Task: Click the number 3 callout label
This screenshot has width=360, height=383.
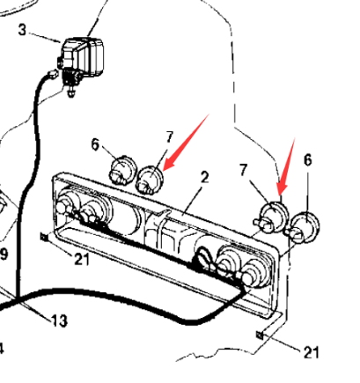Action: click(x=22, y=30)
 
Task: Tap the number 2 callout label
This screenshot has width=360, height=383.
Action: click(x=204, y=178)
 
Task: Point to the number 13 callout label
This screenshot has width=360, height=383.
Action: click(x=60, y=320)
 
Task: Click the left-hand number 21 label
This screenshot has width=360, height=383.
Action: click(x=81, y=259)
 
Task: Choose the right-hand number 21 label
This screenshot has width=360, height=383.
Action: click(x=311, y=352)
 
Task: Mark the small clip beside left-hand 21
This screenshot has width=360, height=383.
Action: click(x=44, y=236)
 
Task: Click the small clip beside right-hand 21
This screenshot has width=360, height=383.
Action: click(x=260, y=335)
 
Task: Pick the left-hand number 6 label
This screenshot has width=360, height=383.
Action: click(x=95, y=144)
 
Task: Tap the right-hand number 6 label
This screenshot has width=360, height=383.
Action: click(x=307, y=160)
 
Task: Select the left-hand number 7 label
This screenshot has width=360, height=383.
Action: click(x=170, y=137)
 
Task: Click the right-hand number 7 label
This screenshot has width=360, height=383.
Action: click(x=243, y=170)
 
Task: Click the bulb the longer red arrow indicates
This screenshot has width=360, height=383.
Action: click(x=150, y=179)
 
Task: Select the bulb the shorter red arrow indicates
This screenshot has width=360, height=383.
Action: click(x=272, y=217)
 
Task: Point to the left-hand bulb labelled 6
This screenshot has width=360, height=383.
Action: click(x=122, y=171)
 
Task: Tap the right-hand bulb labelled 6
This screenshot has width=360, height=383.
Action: click(x=304, y=227)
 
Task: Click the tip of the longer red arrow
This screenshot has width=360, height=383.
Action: click(x=163, y=171)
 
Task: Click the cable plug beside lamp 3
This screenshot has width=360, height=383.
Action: click(x=52, y=73)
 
